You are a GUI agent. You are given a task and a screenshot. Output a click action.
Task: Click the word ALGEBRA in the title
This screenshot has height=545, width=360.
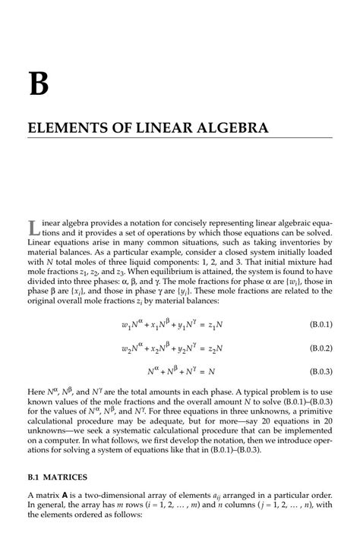(228, 127)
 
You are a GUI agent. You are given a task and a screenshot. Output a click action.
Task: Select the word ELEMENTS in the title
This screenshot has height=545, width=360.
(61, 127)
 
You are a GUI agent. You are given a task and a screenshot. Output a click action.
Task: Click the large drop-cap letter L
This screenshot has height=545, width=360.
(33, 227)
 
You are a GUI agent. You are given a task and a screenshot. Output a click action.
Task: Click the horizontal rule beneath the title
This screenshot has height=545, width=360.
(180, 138)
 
